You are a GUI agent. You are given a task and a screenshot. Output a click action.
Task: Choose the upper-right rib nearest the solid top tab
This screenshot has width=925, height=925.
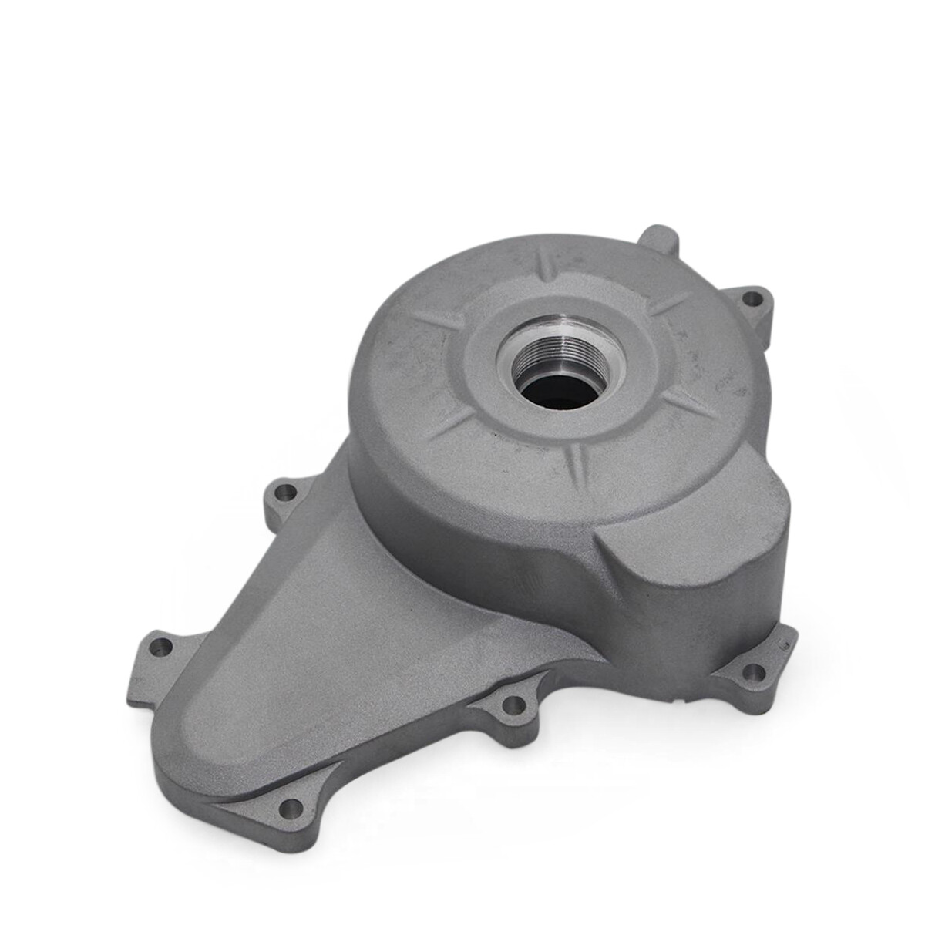[x=662, y=304]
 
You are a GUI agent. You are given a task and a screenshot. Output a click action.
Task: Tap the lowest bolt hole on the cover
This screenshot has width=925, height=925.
[x=291, y=806]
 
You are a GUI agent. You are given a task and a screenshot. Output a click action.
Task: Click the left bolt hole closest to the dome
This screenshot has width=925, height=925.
[x=286, y=490]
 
